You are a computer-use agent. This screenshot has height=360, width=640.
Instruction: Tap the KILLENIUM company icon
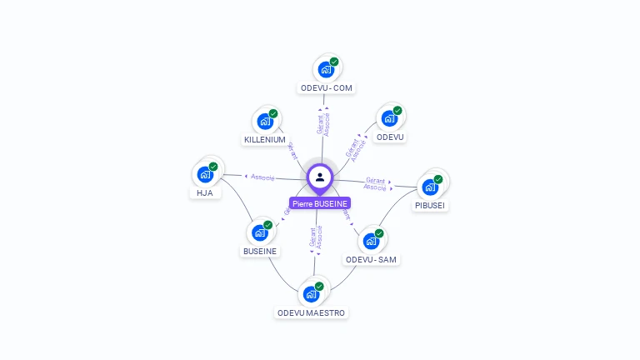pyautogui.click(x=265, y=122)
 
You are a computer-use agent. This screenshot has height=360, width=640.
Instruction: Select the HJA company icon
pyautogui.click(x=205, y=174)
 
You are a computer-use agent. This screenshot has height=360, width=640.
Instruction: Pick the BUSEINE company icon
pyautogui.click(x=260, y=232)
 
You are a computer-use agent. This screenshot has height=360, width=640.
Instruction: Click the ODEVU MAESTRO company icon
pyautogui.click(x=311, y=294)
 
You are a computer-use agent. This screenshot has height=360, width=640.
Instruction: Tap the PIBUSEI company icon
pyautogui.click(x=431, y=186)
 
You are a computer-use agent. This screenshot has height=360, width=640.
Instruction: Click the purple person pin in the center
pyautogui.click(x=320, y=177)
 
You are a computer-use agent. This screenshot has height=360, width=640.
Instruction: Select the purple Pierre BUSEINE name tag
pyautogui.click(x=320, y=203)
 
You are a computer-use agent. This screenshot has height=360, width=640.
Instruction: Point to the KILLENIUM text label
pyautogui.click(x=265, y=140)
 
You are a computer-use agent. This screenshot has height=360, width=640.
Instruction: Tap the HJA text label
pyautogui.click(x=205, y=193)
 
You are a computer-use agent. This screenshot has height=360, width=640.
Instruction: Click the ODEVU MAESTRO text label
pyautogui.click(x=312, y=313)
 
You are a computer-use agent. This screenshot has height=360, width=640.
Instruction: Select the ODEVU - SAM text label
pyautogui.click(x=372, y=260)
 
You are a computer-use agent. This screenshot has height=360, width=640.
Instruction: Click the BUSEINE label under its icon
pyautogui.click(x=260, y=252)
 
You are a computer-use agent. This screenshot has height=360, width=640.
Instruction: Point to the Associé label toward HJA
pyautogui.click(x=262, y=177)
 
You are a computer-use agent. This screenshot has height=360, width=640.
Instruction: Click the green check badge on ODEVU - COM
pyautogui.click(x=334, y=62)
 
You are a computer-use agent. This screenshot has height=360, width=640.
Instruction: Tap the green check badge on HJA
pyautogui.click(x=213, y=167)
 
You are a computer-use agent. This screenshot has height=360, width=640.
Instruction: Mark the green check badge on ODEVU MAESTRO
pyautogui.click(x=319, y=287)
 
